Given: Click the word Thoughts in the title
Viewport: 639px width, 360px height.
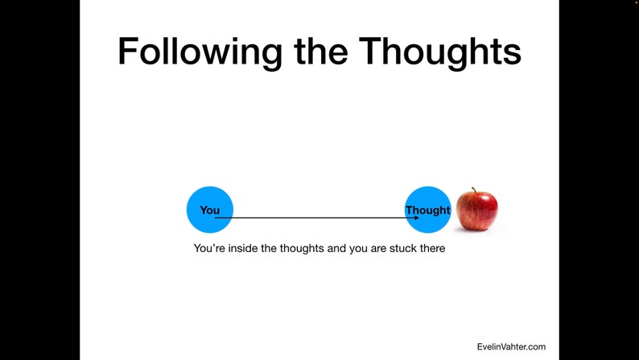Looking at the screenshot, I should pyautogui.click(x=440, y=51).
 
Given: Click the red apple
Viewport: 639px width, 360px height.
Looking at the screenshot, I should pyautogui.click(x=476, y=211).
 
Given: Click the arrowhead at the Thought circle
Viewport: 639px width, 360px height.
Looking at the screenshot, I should pyautogui.click(x=415, y=217).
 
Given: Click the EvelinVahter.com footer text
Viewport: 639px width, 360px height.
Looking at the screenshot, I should pyautogui.click(x=510, y=347).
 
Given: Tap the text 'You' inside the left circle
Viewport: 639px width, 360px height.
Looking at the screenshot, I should pyautogui.click(x=209, y=210).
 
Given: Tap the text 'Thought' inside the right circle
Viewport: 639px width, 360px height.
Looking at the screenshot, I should pyautogui.click(x=427, y=210).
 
